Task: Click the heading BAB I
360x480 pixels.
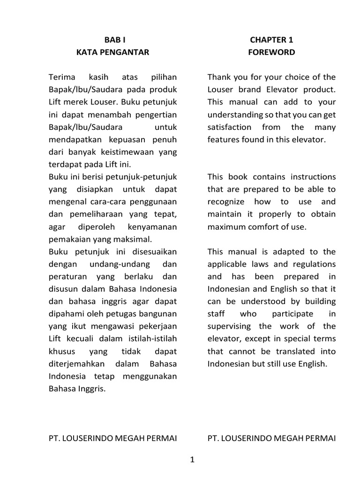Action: click(x=112, y=40)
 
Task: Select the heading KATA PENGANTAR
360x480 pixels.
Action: click(x=112, y=52)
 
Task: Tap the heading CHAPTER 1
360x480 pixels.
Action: click(x=272, y=40)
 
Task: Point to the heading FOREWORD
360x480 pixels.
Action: click(x=272, y=52)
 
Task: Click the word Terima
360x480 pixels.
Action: click(x=61, y=77)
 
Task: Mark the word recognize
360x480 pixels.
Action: click(x=226, y=202)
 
